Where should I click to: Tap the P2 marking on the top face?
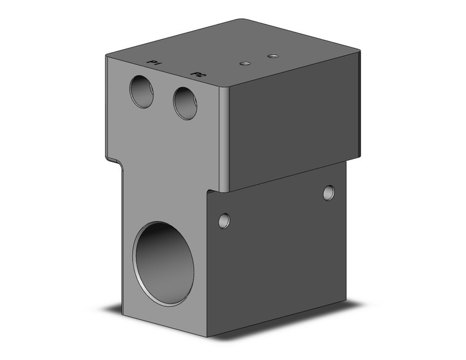[x=199, y=75]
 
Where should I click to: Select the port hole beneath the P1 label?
[x=142, y=92]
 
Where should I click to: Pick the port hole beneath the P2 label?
[x=185, y=103]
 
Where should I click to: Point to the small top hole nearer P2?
[x=245, y=63]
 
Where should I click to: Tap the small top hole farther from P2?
[x=273, y=56]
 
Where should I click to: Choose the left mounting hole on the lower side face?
[x=224, y=219]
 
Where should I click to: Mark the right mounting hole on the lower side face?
[x=329, y=193]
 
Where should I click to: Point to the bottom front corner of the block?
[x=207, y=337]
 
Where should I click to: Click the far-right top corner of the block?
[x=359, y=52]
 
